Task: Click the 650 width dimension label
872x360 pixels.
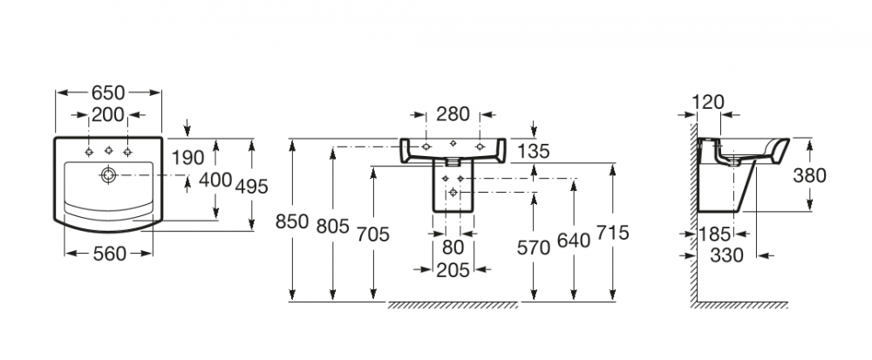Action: click(108, 92)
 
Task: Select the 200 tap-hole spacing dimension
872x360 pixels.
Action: click(108, 115)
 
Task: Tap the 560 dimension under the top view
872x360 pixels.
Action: click(109, 254)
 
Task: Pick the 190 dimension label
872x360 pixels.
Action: click(187, 158)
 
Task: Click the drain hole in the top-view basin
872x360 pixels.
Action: click(107, 174)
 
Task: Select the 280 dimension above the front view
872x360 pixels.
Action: click(453, 114)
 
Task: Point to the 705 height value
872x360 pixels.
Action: click(372, 233)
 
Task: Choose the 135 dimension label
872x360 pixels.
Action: click(533, 152)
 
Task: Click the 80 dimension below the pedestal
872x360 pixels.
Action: click(453, 248)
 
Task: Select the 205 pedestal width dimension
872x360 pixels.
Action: click(453, 269)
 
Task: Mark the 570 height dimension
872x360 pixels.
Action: click(533, 248)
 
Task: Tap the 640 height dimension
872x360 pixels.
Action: click(574, 240)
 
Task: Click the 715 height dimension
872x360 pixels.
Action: click(613, 233)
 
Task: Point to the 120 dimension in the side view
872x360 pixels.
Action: click(707, 102)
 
